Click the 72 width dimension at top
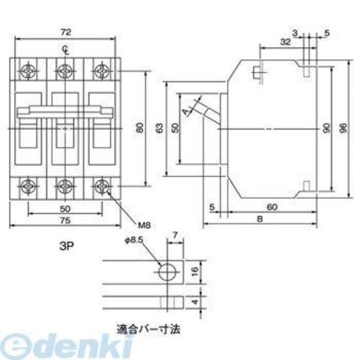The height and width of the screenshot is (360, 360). (65, 32)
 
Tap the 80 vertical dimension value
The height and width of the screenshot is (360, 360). (140, 127)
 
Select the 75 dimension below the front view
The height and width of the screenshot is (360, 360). (65, 220)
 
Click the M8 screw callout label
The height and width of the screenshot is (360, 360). (145, 225)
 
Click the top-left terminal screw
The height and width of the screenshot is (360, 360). (28, 70)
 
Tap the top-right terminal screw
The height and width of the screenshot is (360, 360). (102, 70)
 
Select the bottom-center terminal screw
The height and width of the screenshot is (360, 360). (65, 186)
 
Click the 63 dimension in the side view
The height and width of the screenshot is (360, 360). (160, 127)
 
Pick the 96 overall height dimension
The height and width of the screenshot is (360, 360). (344, 127)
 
